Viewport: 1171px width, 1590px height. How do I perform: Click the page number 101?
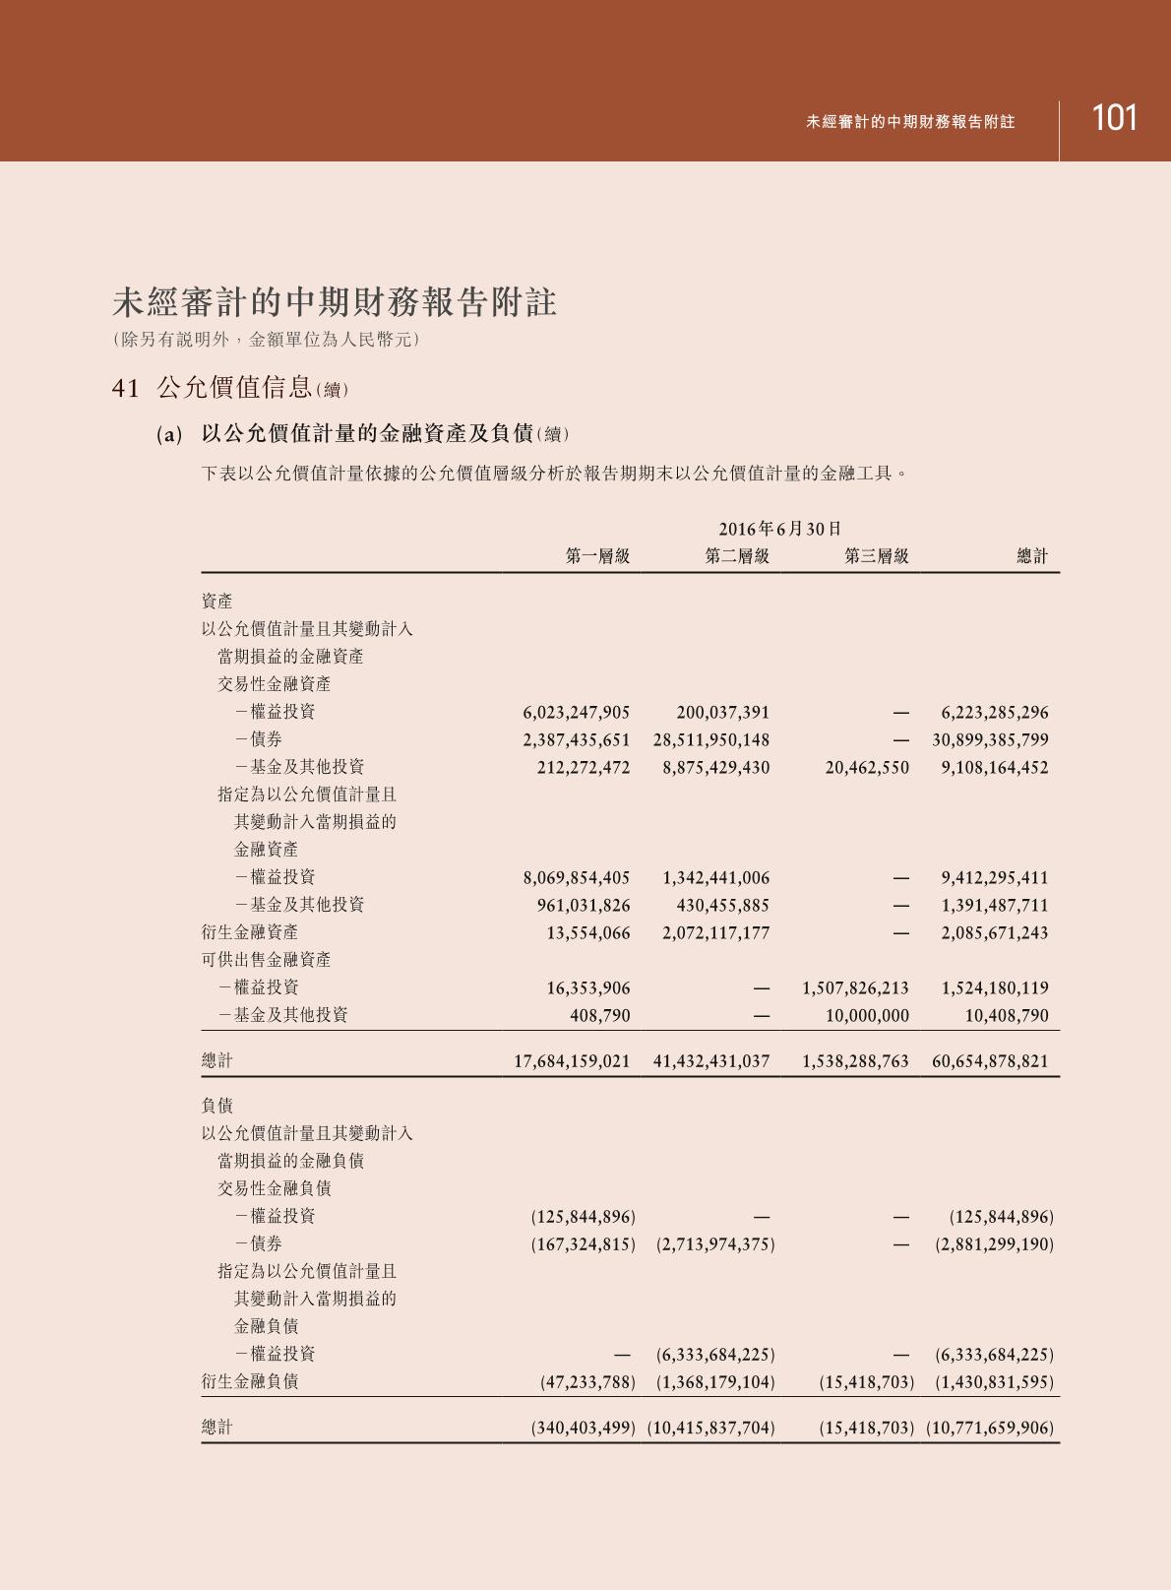tap(1114, 119)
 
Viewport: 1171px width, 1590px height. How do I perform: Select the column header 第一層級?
tap(597, 556)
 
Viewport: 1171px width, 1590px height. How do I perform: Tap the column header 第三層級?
tap(876, 556)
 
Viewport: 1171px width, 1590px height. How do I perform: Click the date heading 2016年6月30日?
tap(779, 529)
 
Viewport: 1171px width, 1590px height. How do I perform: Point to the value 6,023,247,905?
tap(576, 712)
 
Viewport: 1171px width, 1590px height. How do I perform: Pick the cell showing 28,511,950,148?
tap(710, 739)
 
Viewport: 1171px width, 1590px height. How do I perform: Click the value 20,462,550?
tap(867, 767)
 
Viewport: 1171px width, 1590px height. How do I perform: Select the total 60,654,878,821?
tap(990, 1061)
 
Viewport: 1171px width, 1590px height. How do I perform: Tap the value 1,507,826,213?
tap(855, 987)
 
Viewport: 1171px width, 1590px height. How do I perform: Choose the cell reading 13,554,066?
tap(588, 932)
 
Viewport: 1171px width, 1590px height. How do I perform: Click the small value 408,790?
tap(600, 1015)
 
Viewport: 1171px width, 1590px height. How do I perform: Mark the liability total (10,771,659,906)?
tap(989, 1428)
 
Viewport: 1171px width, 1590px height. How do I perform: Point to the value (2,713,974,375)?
tap(715, 1244)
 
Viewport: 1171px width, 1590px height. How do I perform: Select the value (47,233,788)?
tap(587, 1382)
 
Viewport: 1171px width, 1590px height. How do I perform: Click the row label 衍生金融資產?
tap(250, 932)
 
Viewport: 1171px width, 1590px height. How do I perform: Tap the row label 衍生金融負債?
tap(250, 1381)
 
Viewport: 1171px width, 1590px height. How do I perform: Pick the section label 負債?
tap(217, 1106)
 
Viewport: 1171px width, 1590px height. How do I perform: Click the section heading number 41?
tap(126, 388)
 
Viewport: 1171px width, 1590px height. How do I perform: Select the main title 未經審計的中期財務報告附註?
tap(335, 302)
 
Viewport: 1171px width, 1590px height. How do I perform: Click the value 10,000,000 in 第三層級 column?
tap(867, 1015)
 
